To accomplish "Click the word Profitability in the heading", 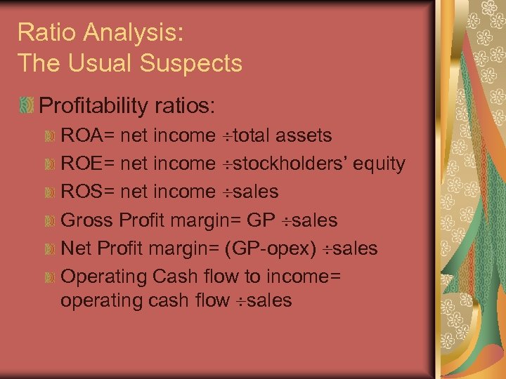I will pyautogui.click(x=93, y=106).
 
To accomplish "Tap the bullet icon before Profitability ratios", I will pyautogui.click(x=27, y=106).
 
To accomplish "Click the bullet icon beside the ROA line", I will pyautogui.click(x=50, y=135).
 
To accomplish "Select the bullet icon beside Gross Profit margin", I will pyautogui.click(x=50, y=220).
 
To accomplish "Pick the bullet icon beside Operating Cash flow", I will pyautogui.click(x=50, y=277).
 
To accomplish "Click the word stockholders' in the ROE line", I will pyautogui.click(x=289, y=164).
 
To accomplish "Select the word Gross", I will pyautogui.click(x=88, y=220).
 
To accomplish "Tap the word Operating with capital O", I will pyautogui.click(x=105, y=277).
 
